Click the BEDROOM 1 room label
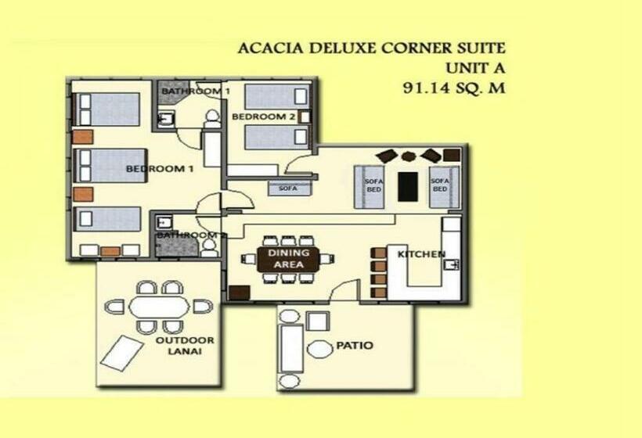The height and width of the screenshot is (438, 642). [x=160, y=169]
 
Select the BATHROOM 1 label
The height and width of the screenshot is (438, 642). [x=195, y=92]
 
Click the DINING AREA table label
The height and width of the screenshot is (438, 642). [x=288, y=259]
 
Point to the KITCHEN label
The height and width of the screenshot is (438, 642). [x=421, y=254]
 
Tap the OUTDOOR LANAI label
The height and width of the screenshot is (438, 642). [x=184, y=346]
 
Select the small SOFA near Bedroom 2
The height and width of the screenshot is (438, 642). [x=289, y=188]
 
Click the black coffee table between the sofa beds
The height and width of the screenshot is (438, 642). [x=407, y=186]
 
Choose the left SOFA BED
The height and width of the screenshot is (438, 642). [x=371, y=186]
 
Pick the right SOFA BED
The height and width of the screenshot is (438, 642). [x=441, y=186]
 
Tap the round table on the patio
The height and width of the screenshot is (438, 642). [x=319, y=349]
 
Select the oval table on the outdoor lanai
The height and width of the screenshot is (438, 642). [x=159, y=306]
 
